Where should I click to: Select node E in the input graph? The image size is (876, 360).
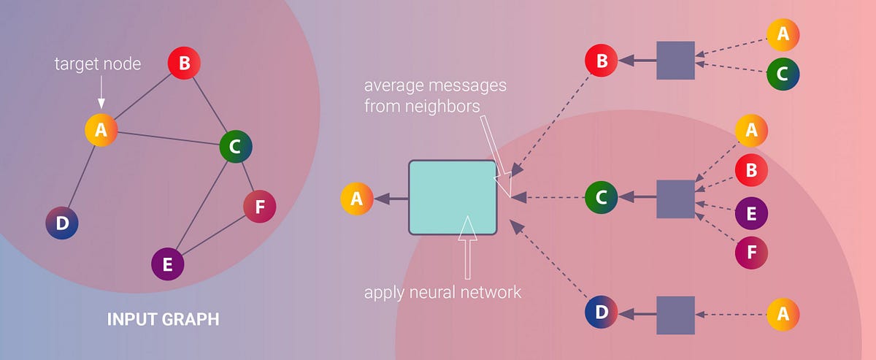coord(168,264)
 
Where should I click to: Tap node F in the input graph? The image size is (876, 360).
coord(260,207)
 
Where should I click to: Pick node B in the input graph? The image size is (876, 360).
coord(184,64)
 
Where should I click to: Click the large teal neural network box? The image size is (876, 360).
coord(453,197)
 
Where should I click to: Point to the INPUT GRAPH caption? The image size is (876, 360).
coord(163,320)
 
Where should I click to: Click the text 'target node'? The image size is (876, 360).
coord(98,64)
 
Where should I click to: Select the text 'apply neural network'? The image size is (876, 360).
coord(443,293)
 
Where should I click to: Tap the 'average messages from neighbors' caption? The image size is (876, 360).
coord(435,96)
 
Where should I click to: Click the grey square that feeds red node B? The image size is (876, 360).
coord(675,60)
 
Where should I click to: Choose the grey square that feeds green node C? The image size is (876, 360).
coord(675,197)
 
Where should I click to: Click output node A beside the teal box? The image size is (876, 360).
coord(357,199)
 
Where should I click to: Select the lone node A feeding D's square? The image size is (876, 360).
coord(783,314)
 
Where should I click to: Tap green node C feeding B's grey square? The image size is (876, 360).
coord(783,74)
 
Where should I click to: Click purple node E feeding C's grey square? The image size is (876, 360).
coord(751,213)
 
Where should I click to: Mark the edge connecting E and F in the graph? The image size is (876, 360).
coord(214,235)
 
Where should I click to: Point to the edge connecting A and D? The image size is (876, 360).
coord(80,176)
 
